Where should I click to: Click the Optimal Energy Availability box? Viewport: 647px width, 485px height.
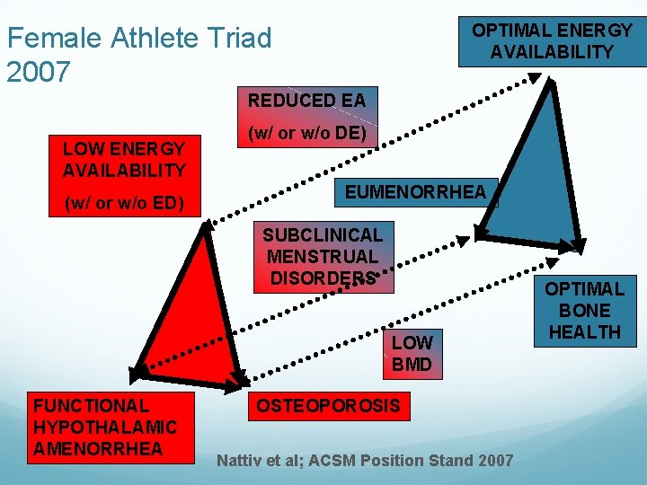[x=552, y=41]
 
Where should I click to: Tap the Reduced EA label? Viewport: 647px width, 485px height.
[x=306, y=101]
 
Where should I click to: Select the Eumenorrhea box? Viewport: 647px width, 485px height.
[x=414, y=191]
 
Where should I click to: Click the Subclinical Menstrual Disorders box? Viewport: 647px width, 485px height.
[x=323, y=257]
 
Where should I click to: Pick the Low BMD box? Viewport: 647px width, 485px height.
[x=412, y=353]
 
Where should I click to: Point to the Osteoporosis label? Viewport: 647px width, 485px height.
[x=328, y=406]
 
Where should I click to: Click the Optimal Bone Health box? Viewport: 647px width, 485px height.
[x=585, y=311]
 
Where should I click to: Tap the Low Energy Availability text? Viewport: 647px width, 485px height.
[x=124, y=160]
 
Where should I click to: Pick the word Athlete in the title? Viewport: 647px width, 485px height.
[x=153, y=39]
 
